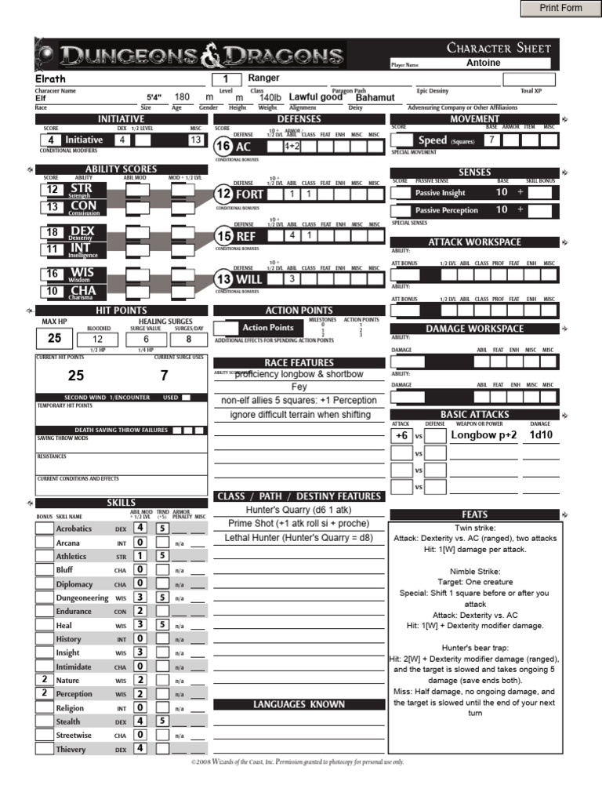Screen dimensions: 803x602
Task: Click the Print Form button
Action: pyautogui.click(x=560, y=9)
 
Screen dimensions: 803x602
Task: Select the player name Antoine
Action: pyautogui.click(x=483, y=63)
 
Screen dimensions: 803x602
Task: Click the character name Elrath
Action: pyautogui.click(x=51, y=78)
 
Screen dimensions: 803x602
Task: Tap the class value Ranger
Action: pyautogui.click(x=264, y=78)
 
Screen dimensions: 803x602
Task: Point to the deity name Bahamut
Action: pyautogui.click(x=375, y=97)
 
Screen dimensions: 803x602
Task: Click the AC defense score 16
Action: pyautogui.click(x=223, y=146)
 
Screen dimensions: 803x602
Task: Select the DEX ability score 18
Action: pyautogui.click(x=53, y=232)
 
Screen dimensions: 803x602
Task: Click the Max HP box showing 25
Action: pyautogui.click(x=54, y=338)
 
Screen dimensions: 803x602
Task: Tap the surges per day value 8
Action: pyautogui.click(x=188, y=338)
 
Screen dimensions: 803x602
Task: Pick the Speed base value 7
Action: pyautogui.click(x=491, y=140)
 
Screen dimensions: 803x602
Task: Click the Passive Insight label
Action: pyautogui.click(x=440, y=193)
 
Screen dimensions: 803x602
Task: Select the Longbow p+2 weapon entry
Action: pyautogui.click(x=484, y=434)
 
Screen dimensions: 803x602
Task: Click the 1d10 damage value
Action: pyautogui.click(x=541, y=434)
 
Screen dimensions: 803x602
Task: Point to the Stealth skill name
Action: pyautogui.click(x=68, y=721)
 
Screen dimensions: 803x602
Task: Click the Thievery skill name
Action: pyautogui.click(x=71, y=749)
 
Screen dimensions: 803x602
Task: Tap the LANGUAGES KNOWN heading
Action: pyautogui.click(x=299, y=704)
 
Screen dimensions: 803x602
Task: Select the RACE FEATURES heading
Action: pyautogui.click(x=299, y=363)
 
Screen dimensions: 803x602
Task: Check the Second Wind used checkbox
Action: pyautogui.click(x=186, y=398)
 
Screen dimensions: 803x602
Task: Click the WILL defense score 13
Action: pyautogui.click(x=223, y=279)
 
